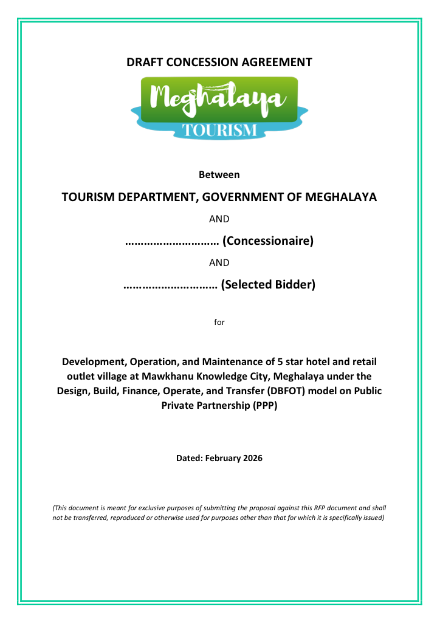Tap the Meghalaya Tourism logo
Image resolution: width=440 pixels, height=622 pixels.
pos(219,107)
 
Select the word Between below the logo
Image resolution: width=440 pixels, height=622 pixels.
pos(219,175)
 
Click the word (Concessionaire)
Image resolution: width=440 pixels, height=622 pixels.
pos(268,241)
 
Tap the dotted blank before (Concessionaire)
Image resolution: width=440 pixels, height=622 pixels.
pos(171,242)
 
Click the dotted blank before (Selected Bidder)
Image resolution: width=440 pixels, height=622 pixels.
pos(170,285)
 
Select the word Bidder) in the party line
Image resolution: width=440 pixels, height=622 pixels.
pos(295,284)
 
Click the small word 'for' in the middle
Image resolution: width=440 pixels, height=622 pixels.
pos(219,322)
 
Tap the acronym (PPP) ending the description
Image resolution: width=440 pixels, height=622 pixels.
pos(264,405)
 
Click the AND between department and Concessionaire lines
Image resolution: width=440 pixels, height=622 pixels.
pos(219,219)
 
